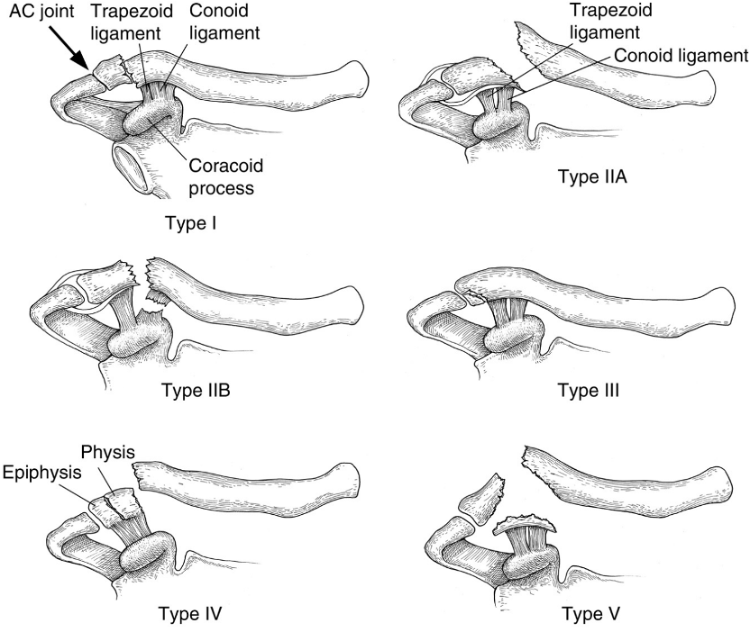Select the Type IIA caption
[593, 176]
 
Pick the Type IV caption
[190, 615]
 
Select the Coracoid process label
[220, 176]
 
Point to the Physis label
[107, 451]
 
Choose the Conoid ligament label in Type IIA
[681, 55]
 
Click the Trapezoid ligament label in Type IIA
[606, 23]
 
